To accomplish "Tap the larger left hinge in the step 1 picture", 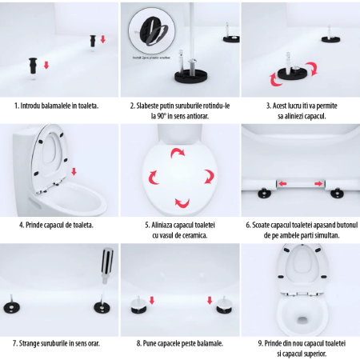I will (x=34, y=65).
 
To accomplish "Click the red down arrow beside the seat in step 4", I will (x=74, y=170).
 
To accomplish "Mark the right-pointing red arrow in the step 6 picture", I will (x=318, y=185).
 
